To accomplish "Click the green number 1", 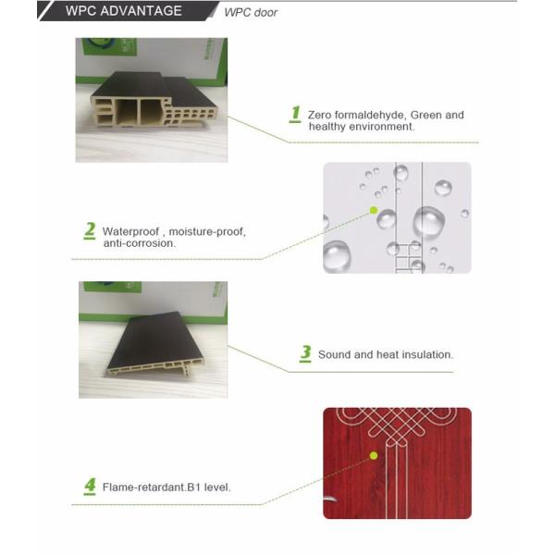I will tap(295, 114).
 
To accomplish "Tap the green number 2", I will tap(90, 229).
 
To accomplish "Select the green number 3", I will tap(305, 352).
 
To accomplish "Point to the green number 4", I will tap(90, 485).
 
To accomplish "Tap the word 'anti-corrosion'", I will tap(139, 243).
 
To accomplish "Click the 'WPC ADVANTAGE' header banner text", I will tap(124, 12).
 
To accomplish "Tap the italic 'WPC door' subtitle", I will tap(251, 12).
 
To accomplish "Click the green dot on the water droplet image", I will tap(374, 211).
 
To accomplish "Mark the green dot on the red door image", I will tap(374, 455).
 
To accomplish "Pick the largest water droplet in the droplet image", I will tap(428, 222).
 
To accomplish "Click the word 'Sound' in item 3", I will tap(333, 354).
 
